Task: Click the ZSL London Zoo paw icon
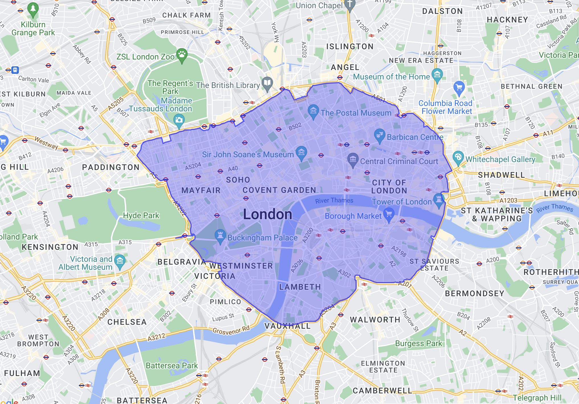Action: (x=182, y=54)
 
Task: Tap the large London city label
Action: (x=267, y=214)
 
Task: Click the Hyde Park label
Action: (x=141, y=215)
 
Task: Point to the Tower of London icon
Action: (x=438, y=199)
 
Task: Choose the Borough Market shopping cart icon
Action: (x=389, y=214)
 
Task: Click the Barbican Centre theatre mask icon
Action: (x=379, y=135)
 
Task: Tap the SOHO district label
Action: (x=238, y=180)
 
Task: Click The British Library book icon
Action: (x=267, y=83)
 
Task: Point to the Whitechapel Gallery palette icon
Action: (x=458, y=157)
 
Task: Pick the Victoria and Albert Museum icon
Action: (x=120, y=261)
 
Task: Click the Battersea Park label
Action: (x=172, y=366)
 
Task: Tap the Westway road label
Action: (x=46, y=143)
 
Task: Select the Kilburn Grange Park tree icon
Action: (x=33, y=9)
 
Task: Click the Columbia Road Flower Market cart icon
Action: (x=459, y=87)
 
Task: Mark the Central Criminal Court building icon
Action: (x=353, y=159)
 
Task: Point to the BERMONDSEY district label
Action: (x=474, y=293)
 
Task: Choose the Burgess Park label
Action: (x=418, y=344)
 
